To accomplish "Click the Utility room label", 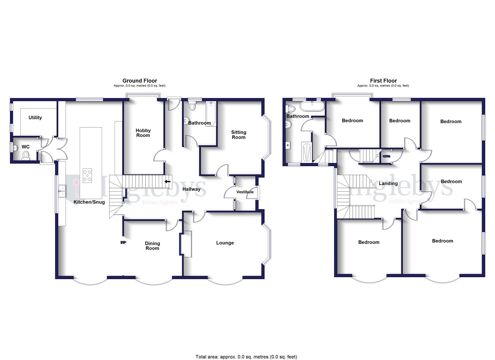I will (x=35, y=118).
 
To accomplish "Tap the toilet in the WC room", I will (x=26, y=155).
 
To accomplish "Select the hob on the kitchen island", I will (x=87, y=175).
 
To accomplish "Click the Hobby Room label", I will (x=143, y=133).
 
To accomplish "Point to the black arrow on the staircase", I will (x=167, y=182).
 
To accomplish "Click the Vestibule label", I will (x=245, y=192).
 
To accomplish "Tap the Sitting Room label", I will (x=238, y=135).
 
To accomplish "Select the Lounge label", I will (x=225, y=243).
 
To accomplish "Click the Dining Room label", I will (x=152, y=246).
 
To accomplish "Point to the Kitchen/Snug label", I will (x=89, y=202).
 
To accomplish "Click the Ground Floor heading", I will (x=140, y=81).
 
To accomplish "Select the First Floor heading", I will (x=383, y=81).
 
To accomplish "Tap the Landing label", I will (x=388, y=183).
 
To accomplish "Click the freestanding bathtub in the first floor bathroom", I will (x=312, y=106).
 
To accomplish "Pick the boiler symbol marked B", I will (x=288, y=145).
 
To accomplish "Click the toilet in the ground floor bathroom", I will (x=192, y=107).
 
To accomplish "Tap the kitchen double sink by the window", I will (x=62, y=191).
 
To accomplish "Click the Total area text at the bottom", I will (x=246, y=357).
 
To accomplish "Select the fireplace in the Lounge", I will (x=186, y=244).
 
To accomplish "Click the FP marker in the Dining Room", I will (x=123, y=243).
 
